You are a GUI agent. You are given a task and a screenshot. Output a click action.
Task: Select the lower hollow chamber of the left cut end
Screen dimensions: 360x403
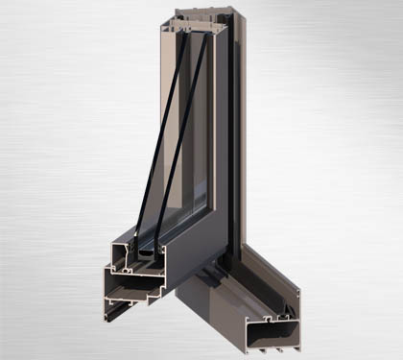pos(130,288)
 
